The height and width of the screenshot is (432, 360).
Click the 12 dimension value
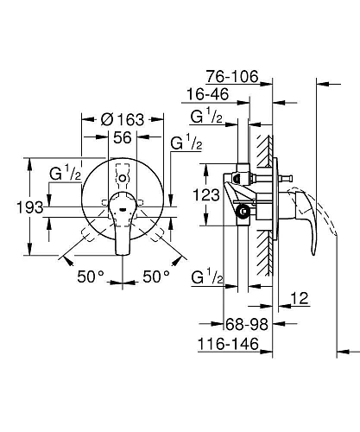[300, 298]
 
